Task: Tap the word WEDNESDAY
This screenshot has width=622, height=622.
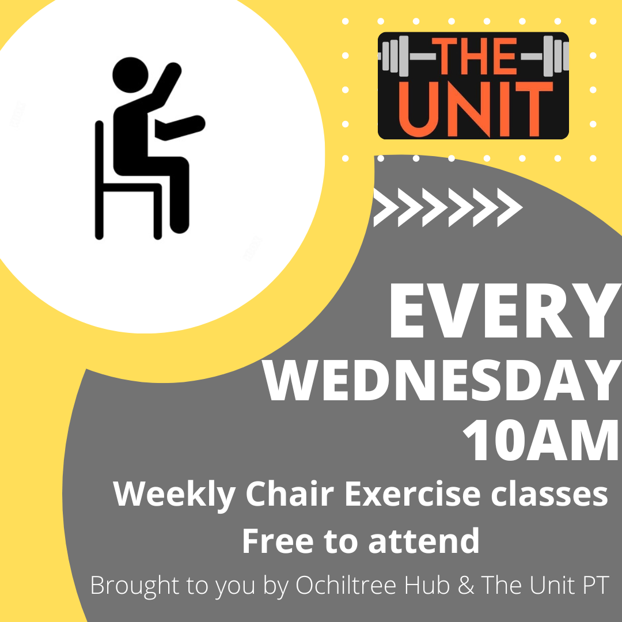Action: coord(442,381)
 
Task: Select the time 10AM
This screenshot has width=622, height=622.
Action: coord(542,441)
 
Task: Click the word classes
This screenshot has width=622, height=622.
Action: coord(549,494)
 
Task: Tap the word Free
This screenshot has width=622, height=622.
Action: coord(278,541)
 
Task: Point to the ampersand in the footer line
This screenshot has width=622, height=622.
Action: coord(466,585)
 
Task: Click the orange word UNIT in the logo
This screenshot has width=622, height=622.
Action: coord(476,109)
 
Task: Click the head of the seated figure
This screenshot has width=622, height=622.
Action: coord(131,75)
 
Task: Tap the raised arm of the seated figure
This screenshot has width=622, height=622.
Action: coord(166,84)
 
